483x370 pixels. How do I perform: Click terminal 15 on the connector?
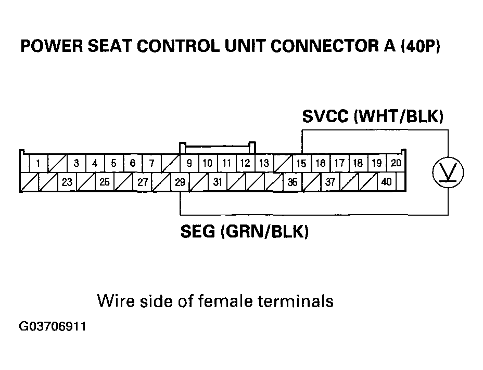pos(301,164)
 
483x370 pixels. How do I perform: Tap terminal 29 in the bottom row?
pos(180,182)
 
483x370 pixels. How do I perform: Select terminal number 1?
pos(38,164)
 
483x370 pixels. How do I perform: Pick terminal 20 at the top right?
pos(396,163)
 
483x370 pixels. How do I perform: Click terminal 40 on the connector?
pos(386,182)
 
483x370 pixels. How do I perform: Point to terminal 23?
pos(67,182)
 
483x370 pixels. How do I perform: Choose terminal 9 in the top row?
pos(189,164)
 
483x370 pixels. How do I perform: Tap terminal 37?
pos(330,182)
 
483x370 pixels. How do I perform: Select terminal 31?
pos(218,182)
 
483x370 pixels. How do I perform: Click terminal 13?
pos(264,164)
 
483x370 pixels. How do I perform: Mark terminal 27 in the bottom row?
pos(142,182)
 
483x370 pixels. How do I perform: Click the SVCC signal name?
pos(325,116)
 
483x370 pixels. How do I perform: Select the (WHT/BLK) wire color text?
pos(399,116)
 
